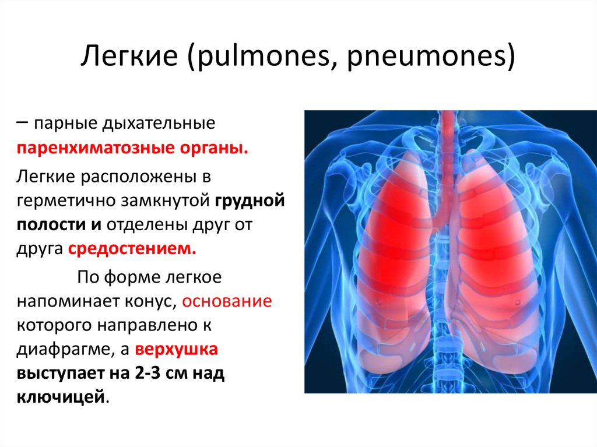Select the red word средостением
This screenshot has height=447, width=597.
point(132,249)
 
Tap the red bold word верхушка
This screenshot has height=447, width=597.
point(176,351)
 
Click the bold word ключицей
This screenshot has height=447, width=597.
point(62,397)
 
